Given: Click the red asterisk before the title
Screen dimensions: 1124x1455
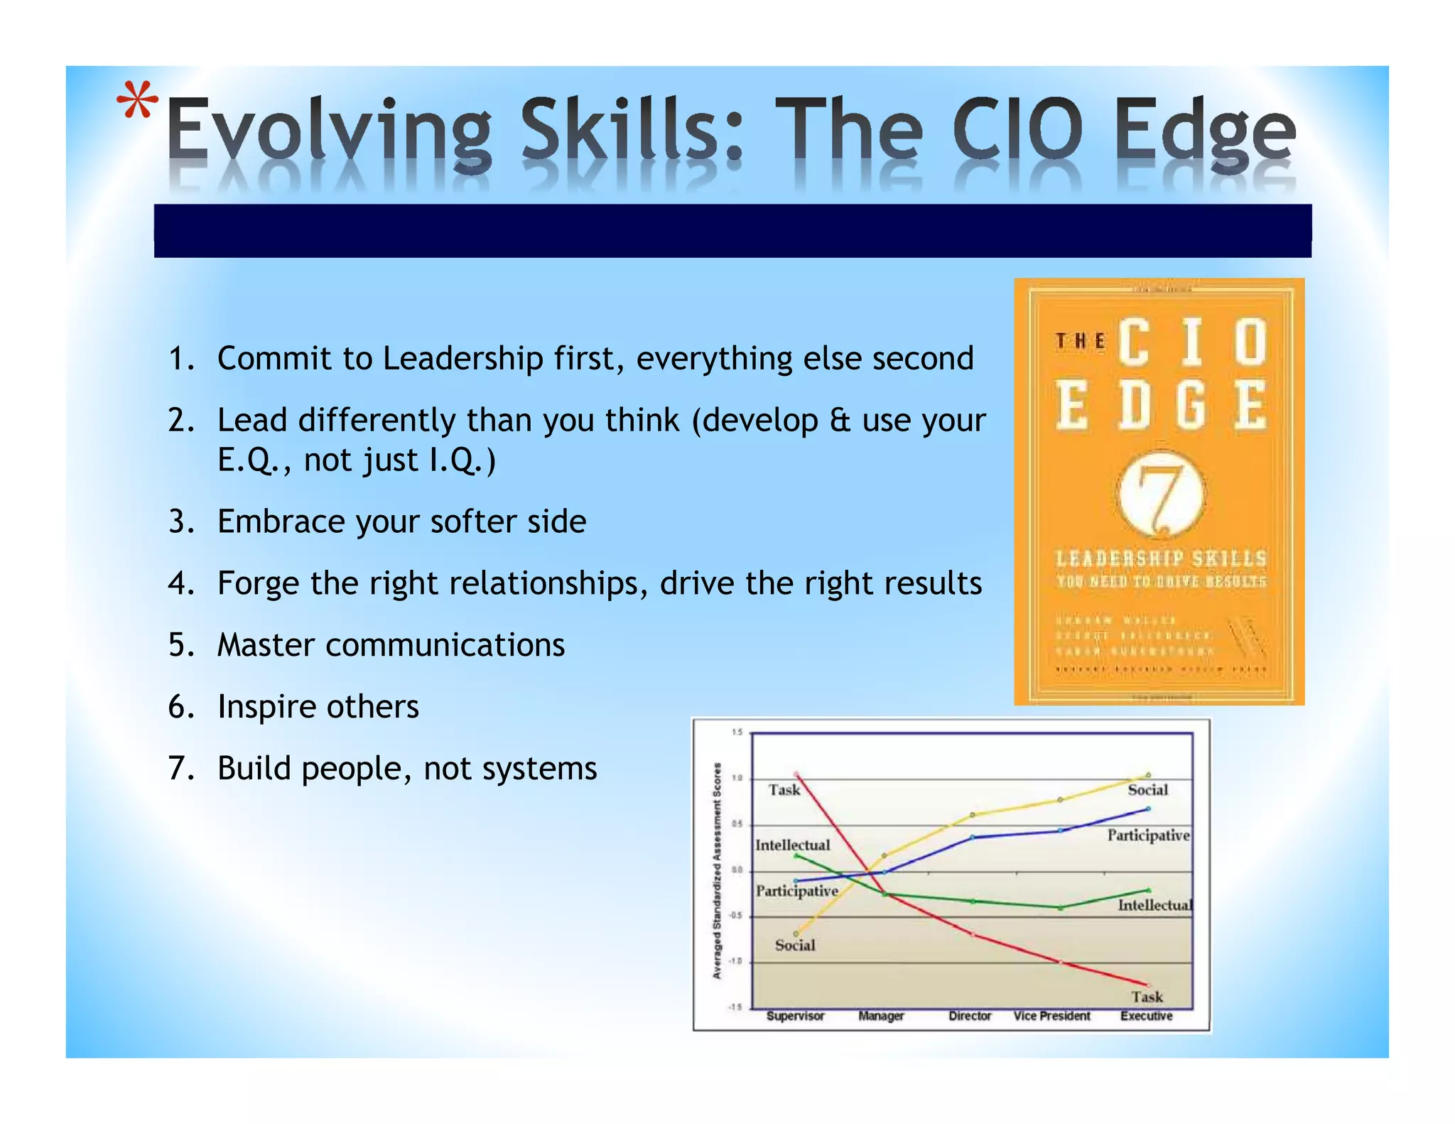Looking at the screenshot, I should (137, 101).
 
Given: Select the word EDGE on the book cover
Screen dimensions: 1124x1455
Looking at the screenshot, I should (1161, 406).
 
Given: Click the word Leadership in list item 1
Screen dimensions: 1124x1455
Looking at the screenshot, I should (463, 358).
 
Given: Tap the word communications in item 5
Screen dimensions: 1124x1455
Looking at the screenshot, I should (445, 645).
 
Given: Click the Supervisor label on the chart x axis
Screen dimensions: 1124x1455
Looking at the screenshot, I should (795, 1016).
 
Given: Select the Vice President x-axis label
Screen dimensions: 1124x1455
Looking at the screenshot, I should (1051, 1016).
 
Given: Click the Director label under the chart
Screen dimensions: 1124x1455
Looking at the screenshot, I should (969, 1016).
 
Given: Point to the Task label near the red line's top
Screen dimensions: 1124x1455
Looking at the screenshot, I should (784, 790).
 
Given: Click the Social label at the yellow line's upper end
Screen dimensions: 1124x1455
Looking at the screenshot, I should (1147, 790).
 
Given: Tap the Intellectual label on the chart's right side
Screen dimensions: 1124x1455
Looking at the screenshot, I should (1154, 905).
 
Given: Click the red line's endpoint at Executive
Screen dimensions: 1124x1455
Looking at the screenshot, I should (1147, 985).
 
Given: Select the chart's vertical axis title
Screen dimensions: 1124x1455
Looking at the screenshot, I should (717, 870).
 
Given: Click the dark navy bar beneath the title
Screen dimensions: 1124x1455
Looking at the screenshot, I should (732, 231).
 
